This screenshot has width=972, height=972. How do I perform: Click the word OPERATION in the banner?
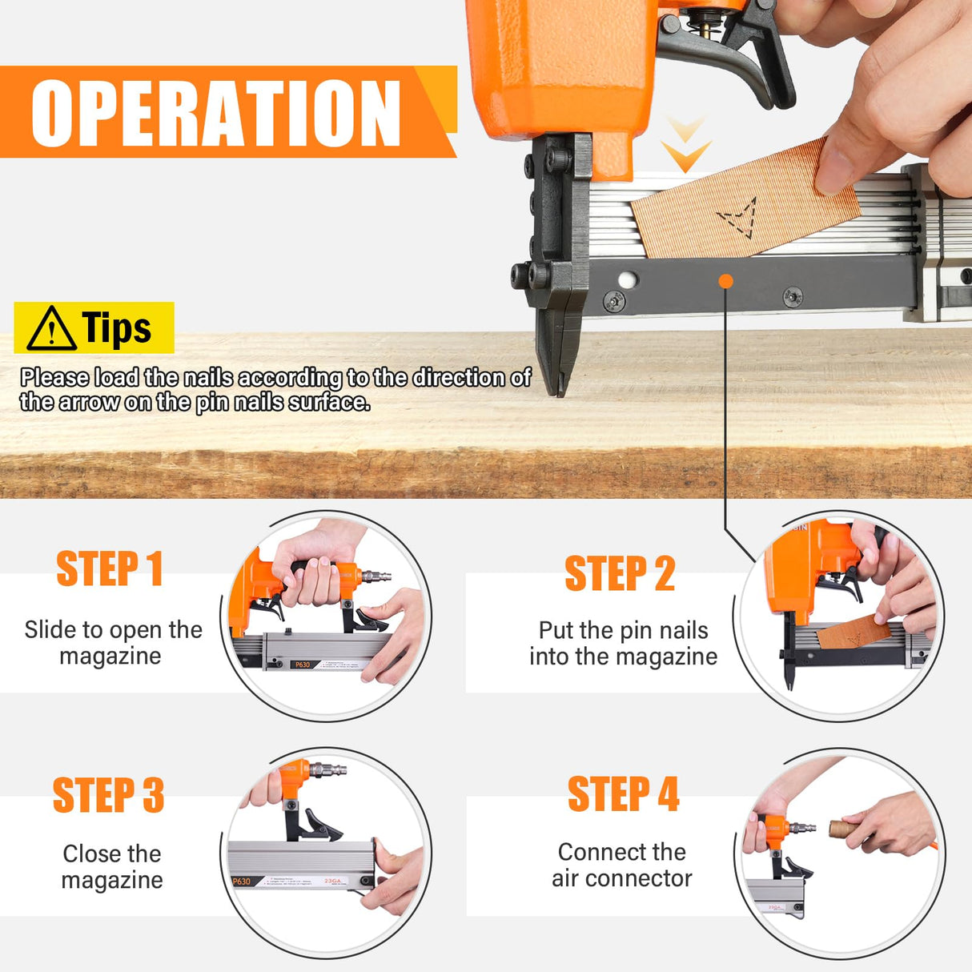click(216, 113)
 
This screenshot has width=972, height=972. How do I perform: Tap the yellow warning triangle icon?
click(51, 328)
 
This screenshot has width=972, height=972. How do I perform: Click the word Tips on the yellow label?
click(117, 328)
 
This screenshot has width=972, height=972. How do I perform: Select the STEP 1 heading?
click(110, 569)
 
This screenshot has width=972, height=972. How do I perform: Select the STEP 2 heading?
click(620, 574)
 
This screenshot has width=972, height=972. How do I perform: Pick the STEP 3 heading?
click(109, 795)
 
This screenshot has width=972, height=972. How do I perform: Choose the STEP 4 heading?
click(623, 794)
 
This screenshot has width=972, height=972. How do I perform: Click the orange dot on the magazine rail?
click(726, 281)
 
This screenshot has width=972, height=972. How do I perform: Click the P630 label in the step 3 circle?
click(242, 882)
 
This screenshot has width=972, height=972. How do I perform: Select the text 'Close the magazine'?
click(112, 866)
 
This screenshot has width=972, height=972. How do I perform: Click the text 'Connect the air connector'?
click(622, 865)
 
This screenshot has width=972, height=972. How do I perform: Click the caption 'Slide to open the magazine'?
click(113, 642)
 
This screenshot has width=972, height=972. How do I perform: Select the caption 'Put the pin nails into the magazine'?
click(623, 643)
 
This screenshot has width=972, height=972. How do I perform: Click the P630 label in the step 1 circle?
click(302, 665)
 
